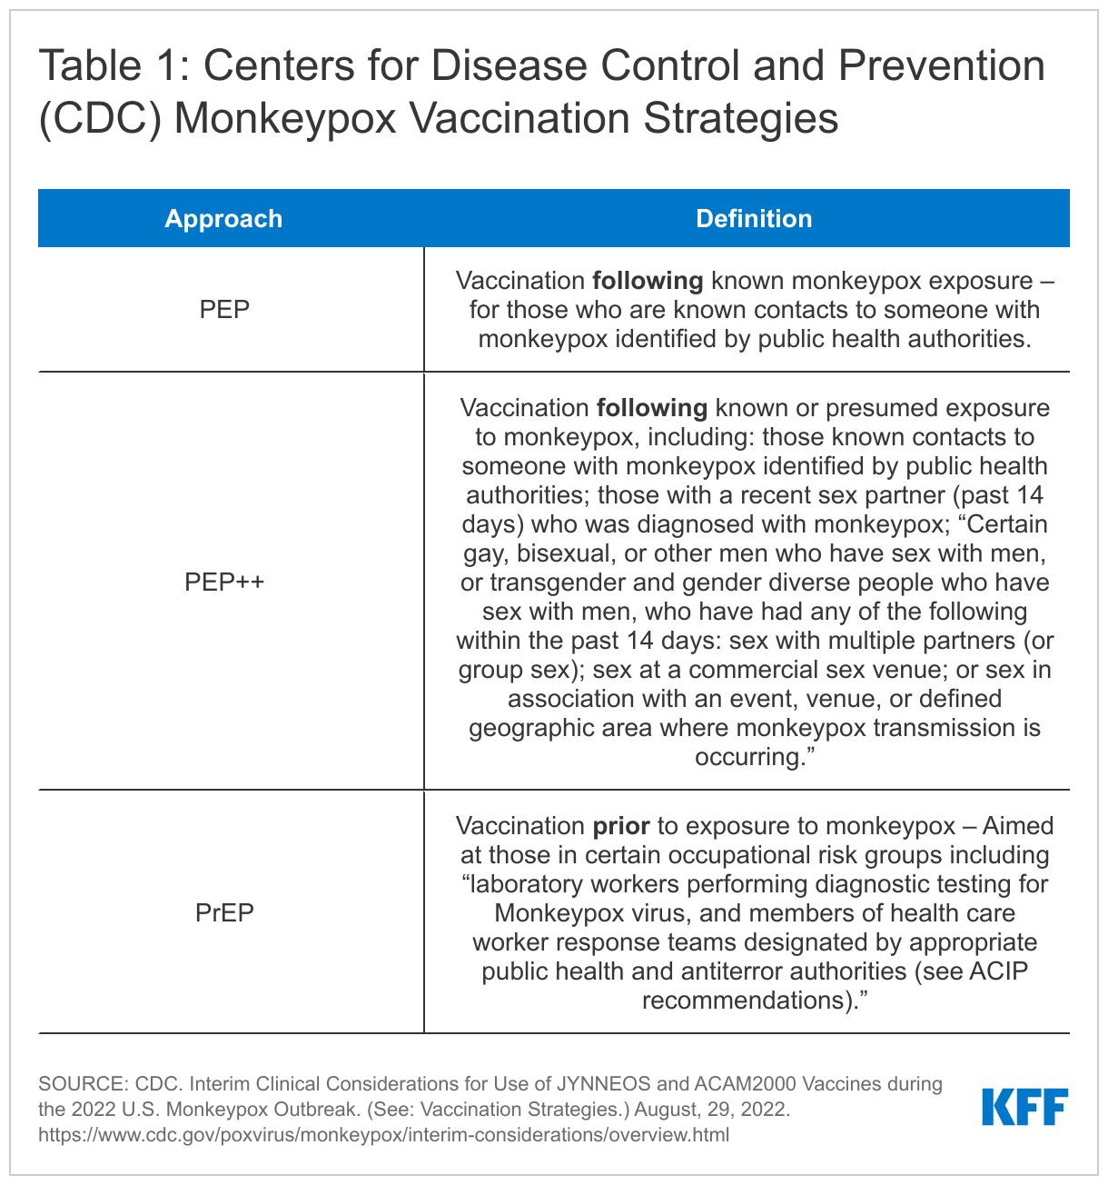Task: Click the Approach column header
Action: pyautogui.click(x=223, y=219)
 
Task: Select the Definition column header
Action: pyautogui.click(x=754, y=219)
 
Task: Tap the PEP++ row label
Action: pyautogui.click(x=224, y=582)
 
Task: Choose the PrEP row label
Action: pyautogui.click(x=224, y=912)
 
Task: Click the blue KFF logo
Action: pyautogui.click(x=1024, y=1107)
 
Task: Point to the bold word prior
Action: pyautogui.click(x=621, y=826)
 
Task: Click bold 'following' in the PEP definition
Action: pyautogui.click(x=648, y=281)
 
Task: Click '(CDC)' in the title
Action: pyautogui.click(x=100, y=120)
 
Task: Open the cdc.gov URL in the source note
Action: pyautogui.click(x=383, y=1135)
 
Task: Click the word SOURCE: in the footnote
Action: pyautogui.click(x=83, y=1084)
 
